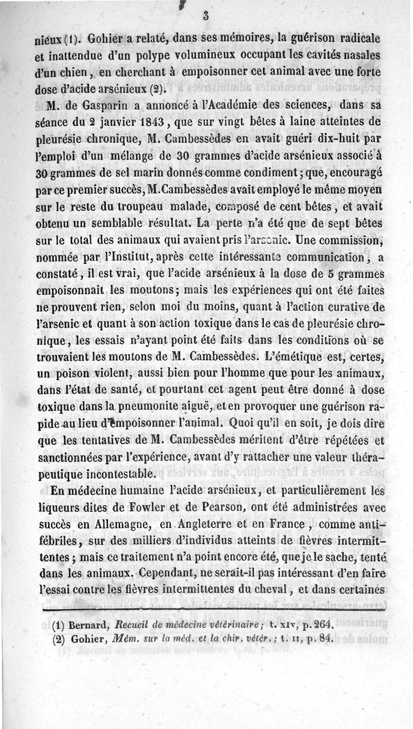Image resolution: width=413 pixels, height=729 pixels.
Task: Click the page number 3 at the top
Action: pos(205,16)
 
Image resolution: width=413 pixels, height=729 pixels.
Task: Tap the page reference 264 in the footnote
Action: pos(323,626)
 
